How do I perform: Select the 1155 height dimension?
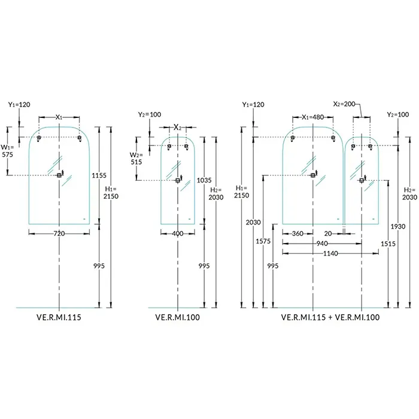point(99,175)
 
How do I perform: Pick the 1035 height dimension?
point(204,180)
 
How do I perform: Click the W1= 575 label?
point(8,150)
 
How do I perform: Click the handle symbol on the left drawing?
point(59,175)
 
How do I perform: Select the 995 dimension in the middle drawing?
point(204,265)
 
